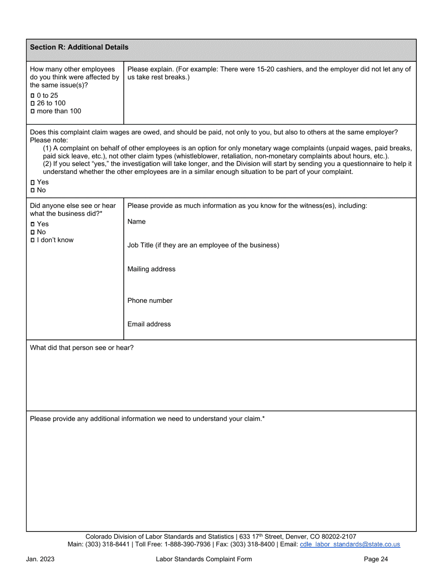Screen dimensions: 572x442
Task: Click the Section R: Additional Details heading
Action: tap(79, 47)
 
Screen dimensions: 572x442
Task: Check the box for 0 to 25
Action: tap(32, 95)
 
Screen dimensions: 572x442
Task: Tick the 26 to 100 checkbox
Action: tap(32, 103)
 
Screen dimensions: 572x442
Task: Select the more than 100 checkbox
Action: tap(32, 111)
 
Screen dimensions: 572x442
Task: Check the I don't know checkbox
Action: tap(32, 240)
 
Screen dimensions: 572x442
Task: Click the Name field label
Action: tap(136, 222)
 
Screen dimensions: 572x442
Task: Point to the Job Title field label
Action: tap(203, 245)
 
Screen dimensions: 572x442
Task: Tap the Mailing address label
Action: tap(151, 269)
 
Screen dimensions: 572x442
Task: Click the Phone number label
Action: tap(150, 300)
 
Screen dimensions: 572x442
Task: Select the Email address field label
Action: tap(149, 324)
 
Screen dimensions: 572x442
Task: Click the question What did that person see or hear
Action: tap(81, 347)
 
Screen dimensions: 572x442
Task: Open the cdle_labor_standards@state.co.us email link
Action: tap(350, 544)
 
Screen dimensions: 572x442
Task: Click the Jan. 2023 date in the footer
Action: tap(40, 559)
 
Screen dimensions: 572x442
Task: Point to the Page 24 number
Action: tap(376, 559)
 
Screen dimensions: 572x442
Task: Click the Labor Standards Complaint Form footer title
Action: tap(204, 559)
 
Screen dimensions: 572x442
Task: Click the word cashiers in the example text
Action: tap(286, 69)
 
